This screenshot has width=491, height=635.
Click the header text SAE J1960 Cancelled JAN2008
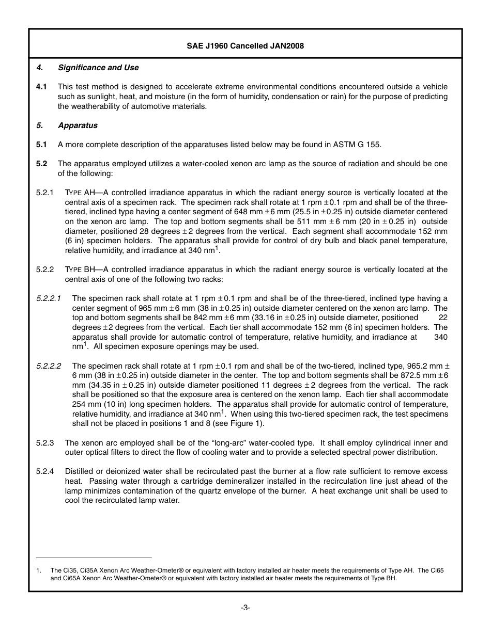(x=245, y=46)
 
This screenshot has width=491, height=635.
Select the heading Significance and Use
(x=98, y=68)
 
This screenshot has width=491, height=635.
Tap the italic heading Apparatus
(x=78, y=125)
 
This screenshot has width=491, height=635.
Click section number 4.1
(x=41, y=87)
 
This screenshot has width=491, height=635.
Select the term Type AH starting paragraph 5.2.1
(x=80, y=193)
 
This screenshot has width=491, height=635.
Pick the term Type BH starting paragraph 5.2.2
(x=80, y=269)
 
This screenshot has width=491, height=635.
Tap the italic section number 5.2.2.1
(x=49, y=298)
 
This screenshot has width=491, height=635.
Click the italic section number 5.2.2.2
(x=49, y=366)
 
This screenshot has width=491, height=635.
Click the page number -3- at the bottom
(x=245, y=608)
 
